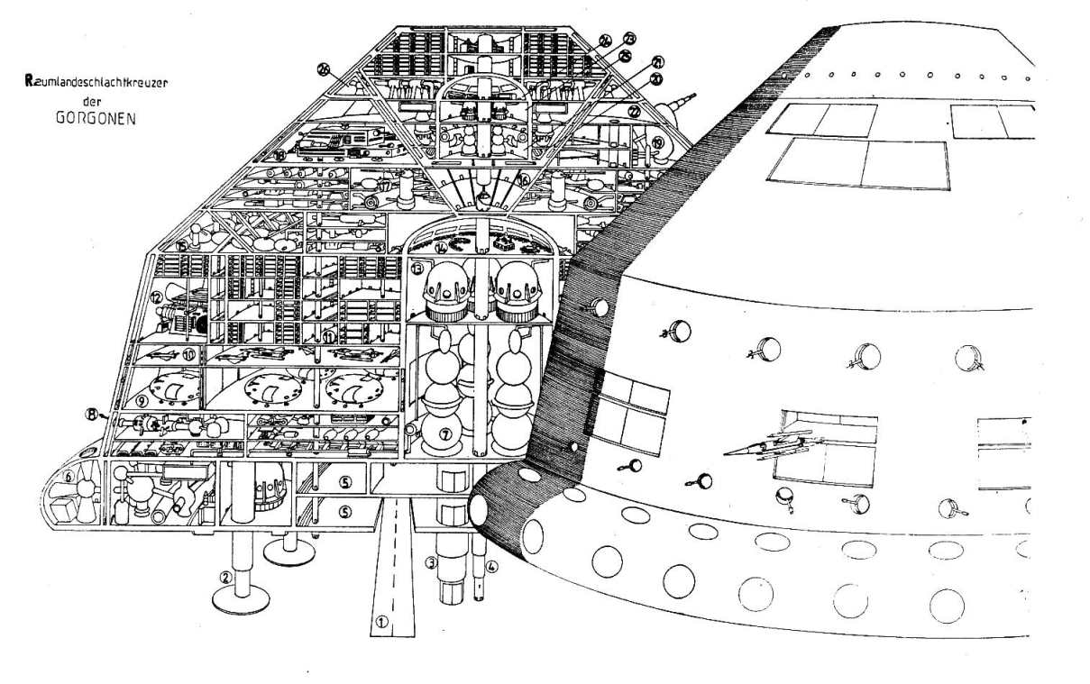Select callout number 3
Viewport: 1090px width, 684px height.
coord(432,565)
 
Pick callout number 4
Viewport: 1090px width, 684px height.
coord(492,568)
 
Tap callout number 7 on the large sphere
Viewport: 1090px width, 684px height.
coord(444,434)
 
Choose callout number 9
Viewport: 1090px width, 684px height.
coord(142,396)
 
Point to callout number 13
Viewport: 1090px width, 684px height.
coord(417,269)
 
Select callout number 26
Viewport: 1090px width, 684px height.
coord(325,68)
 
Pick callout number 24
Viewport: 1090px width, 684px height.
coord(605,41)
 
